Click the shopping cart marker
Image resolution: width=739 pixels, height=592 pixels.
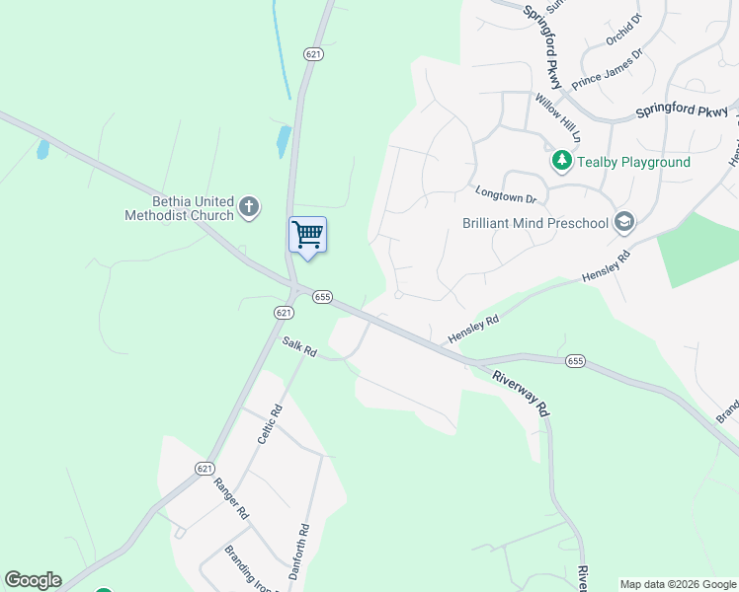point(307,236)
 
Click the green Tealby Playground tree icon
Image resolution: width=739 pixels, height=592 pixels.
point(561,160)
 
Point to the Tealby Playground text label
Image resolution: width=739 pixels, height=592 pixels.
point(632,161)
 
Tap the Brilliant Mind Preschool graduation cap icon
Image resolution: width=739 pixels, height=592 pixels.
point(623,222)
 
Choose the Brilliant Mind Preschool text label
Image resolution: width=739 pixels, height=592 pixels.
point(535,223)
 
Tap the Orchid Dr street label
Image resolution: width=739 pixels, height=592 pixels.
point(624,30)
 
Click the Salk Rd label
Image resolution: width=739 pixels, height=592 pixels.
point(298,347)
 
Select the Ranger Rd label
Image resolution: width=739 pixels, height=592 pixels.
point(231,500)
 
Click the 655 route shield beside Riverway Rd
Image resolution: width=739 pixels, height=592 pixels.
point(575,361)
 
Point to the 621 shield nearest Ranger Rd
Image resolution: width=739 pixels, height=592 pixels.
point(204,468)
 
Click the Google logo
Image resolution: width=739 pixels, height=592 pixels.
point(33,580)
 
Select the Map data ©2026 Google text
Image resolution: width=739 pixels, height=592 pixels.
point(679,584)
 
